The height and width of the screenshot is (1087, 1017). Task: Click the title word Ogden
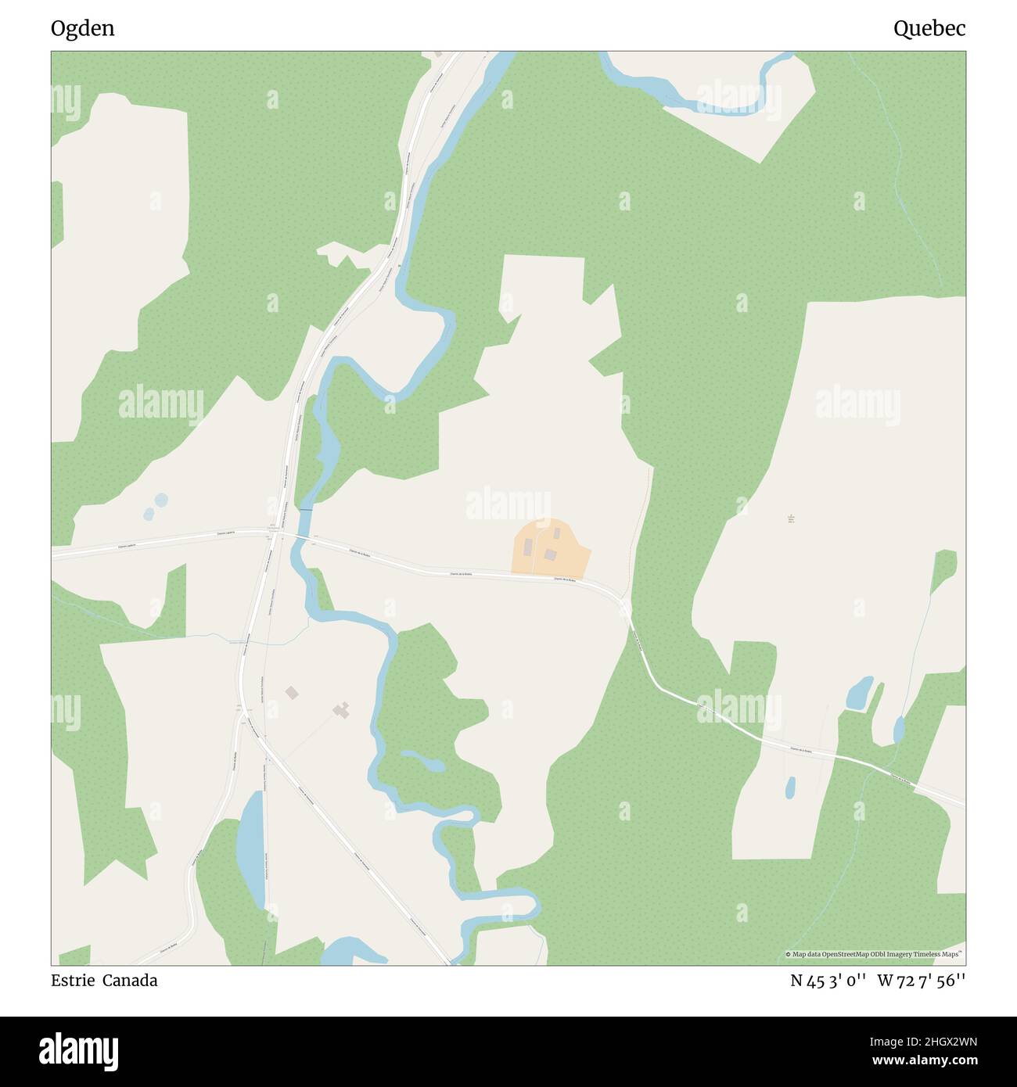pos(82,29)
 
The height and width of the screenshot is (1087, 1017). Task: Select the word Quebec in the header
pos(929,29)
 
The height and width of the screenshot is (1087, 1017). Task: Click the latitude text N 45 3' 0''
pos(828,981)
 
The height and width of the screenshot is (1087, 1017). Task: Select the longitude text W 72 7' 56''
pos(922,981)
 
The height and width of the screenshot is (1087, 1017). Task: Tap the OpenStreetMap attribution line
pos(873,954)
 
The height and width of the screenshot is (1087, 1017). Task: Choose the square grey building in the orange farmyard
pos(551,554)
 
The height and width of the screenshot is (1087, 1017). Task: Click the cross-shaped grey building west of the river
pos(341,709)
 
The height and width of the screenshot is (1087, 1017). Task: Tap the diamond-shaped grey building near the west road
pos(292,692)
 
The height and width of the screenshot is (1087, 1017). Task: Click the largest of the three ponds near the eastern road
pos(860,692)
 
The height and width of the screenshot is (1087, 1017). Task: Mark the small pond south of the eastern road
pos(790,786)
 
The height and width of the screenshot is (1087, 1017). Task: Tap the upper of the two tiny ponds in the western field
pos(160,499)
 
